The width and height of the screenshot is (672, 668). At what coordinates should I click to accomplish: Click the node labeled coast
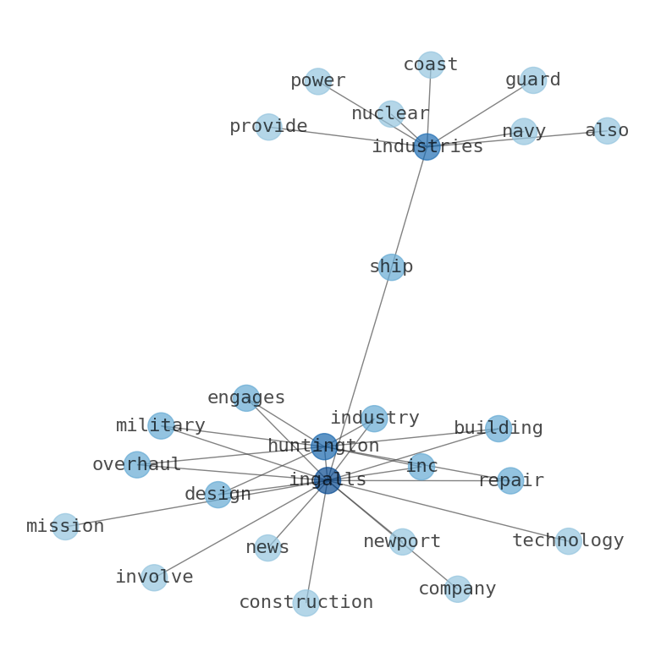click(x=431, y=65)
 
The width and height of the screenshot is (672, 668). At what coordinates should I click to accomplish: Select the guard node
click(x=533, y=80)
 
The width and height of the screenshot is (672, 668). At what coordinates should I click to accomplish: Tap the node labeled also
click(x=607, y=131)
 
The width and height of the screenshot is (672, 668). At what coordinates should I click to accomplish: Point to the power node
click(x=317, y=81)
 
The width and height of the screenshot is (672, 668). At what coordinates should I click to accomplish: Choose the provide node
click(x=268, y=127)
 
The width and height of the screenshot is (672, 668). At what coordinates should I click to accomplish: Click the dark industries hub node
click(x=427, y=147)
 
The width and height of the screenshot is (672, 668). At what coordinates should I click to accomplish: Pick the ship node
click(x=391, y=267)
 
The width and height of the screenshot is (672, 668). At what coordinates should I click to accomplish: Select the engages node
click(x=246, y=398)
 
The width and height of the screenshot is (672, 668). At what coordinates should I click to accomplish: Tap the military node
click(x=161, y=426)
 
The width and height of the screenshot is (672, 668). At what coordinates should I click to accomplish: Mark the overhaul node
click(x=137, y=465)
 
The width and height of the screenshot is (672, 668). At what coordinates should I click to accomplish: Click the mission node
click(x=65, y=527)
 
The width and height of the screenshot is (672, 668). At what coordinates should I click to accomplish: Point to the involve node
click(x=154, y=578)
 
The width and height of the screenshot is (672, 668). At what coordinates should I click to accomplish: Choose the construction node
click(x=306, y=603)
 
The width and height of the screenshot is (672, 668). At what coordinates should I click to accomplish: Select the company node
click(x=457, y=589)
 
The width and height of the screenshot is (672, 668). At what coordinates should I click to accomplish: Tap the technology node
click(x=568, y=541)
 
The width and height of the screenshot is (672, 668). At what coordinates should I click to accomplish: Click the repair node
click(x=510, y=481)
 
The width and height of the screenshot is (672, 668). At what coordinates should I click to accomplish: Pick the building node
click(x=498, y=429)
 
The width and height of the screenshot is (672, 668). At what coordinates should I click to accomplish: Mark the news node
click(x=267, y=548)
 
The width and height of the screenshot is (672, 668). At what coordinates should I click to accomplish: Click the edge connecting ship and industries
click(x=409, y=207)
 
